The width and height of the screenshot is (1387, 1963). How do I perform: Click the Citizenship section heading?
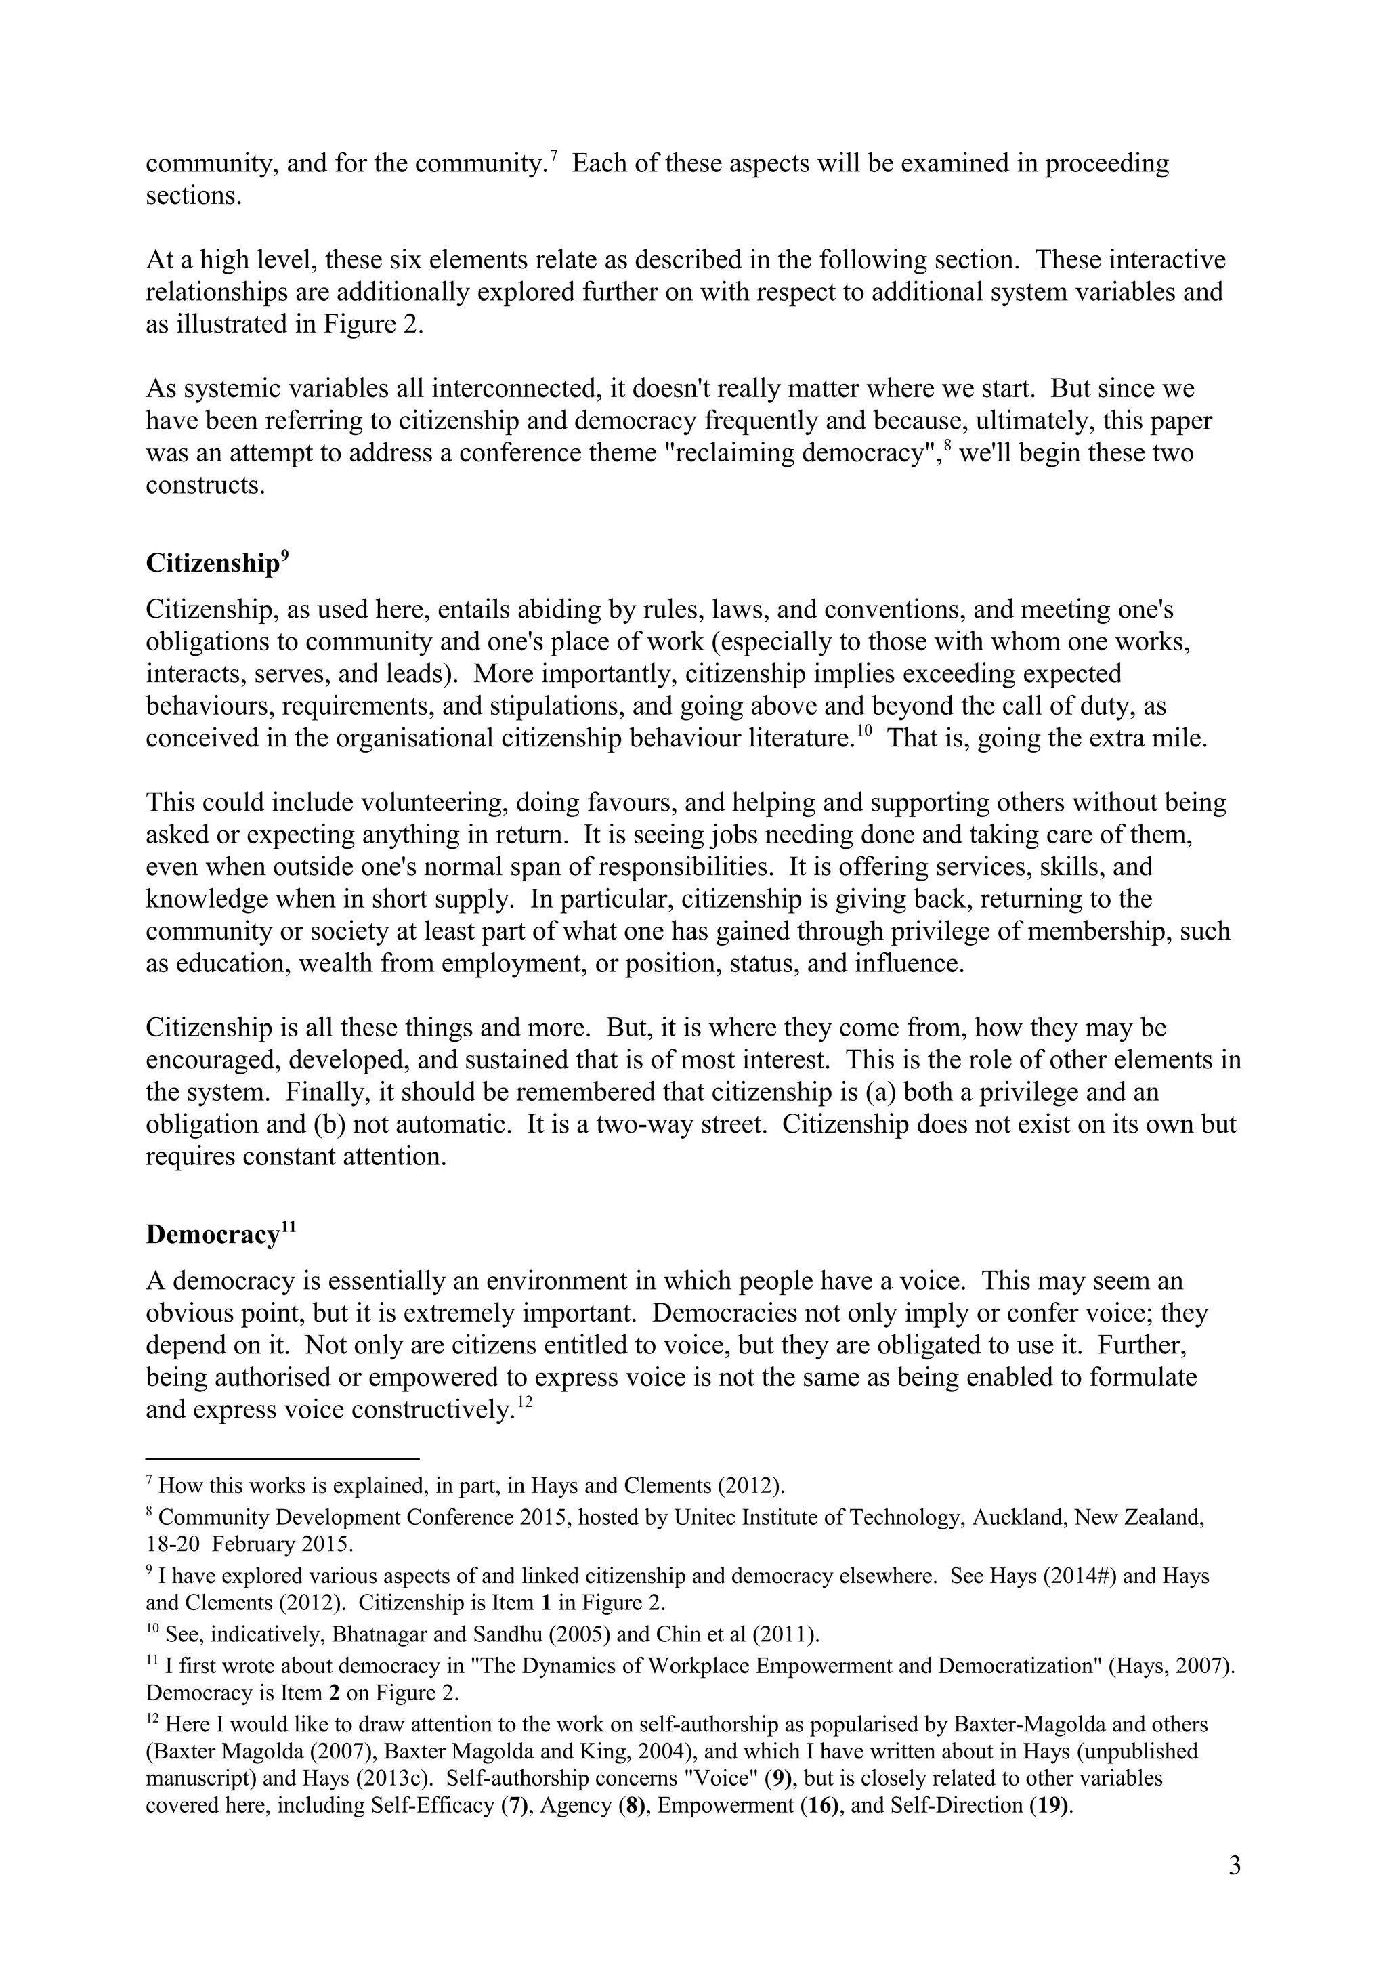click(x=212, y=564)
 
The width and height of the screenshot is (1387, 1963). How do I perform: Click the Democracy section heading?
click(x=213, y=1235)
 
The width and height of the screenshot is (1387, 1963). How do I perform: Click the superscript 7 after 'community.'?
click(x=554, y=156)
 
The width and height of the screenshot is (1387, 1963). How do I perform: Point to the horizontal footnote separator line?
click(x=282, y=1458)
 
